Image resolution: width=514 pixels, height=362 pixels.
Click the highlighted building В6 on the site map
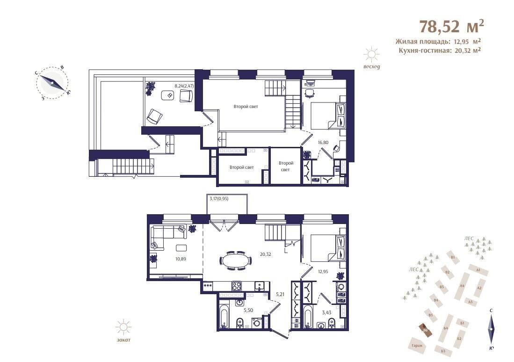pyautogui.click(x=425, y=330)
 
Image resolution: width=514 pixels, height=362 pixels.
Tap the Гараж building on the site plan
pyautogui.click(x=417, y=345)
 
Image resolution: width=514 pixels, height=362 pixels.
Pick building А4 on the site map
pyautogui.click(x=462, y=285)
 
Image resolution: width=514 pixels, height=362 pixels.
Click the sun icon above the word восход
pyautogui.click(x=372, y=55)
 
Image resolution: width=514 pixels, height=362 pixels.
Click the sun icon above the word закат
pyautogui.click(x=123, y=327)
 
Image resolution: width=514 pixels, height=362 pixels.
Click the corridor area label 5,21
pyautogui.click(x=280, y=295)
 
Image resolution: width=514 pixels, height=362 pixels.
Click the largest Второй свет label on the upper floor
pyautogui.click(x=246, y=107)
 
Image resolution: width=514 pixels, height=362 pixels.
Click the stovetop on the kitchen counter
pyautogui.click(x=236, y=286)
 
